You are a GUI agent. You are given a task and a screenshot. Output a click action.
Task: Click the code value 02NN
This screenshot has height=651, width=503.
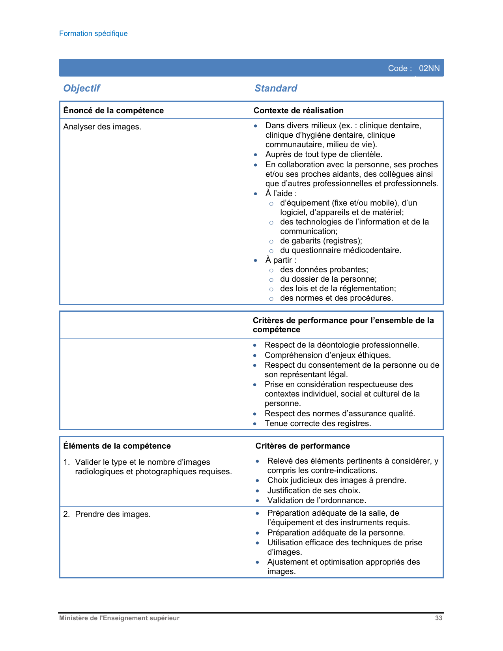pos(429,68)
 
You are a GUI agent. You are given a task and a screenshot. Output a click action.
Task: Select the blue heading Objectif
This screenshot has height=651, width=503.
pos(82,88)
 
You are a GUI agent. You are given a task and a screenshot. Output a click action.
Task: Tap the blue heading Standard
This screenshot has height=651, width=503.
pos(276,88)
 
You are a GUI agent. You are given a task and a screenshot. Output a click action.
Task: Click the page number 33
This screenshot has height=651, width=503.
pos(439,618)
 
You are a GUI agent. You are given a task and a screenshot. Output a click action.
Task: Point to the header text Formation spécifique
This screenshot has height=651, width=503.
pos(93,34)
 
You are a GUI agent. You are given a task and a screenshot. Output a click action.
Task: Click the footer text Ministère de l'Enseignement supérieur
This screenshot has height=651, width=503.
pos(119,618)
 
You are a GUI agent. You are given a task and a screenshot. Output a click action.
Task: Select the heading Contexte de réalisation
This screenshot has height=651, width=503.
pos(299,110)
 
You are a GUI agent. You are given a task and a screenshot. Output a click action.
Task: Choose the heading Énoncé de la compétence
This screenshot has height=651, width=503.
pos(114,110)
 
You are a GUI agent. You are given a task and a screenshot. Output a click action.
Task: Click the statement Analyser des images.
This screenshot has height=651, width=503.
pos(102,127)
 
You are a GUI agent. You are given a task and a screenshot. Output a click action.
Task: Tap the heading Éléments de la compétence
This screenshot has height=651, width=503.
pos(117,446)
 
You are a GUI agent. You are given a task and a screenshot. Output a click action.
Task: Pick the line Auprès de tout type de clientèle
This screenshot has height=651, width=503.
pos(324,154)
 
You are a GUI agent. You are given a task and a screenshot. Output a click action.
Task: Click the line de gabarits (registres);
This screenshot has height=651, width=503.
pos(321,241)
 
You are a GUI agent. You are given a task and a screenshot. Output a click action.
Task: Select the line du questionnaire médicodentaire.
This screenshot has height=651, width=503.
pos(341,250)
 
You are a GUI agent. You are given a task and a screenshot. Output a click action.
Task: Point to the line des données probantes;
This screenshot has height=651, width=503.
pos(324,269)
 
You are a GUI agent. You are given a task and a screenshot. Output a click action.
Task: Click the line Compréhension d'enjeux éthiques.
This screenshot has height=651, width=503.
pos(328,355)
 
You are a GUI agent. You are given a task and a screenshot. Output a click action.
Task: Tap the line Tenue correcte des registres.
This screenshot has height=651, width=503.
pos(318,423)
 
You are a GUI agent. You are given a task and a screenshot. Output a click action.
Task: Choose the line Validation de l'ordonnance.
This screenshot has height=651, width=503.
pos(317,500)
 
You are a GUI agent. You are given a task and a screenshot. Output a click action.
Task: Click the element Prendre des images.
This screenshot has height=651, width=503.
pos(113,514)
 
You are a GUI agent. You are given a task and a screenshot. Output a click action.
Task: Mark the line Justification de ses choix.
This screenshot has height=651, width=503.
pos(314,490)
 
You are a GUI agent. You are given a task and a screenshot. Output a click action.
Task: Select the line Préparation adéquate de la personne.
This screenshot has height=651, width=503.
pos(336,533)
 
